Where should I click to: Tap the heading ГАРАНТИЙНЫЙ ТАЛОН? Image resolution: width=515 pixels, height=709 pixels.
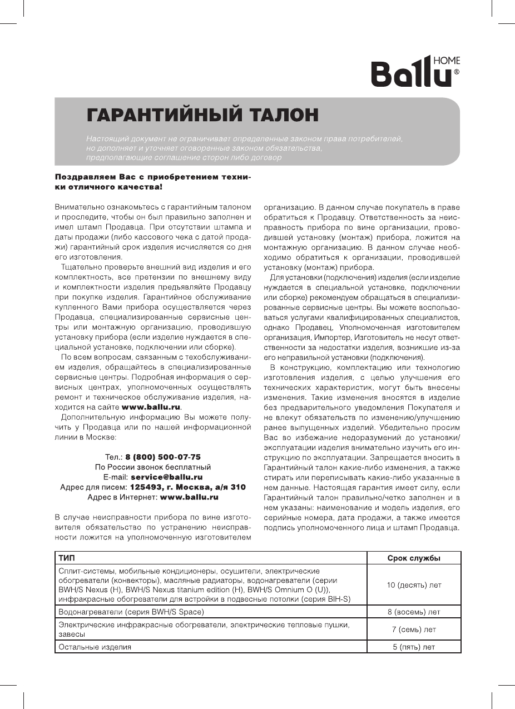tap(203, 116)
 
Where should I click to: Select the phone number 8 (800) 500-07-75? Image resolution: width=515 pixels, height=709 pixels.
tap(163, 457)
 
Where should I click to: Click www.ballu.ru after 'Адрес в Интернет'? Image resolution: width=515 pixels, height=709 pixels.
tap(189, 497)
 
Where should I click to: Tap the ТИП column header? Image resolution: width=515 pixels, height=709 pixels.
tap(66, 558)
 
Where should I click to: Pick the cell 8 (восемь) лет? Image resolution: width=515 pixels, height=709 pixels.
tap(413, 612)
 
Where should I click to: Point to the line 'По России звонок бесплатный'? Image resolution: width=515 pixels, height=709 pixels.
tap(152, 467)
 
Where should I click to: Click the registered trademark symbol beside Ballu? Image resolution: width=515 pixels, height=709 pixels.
tap(457, 72)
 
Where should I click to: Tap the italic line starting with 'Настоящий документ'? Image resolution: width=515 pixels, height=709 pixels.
tap(244, 138)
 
